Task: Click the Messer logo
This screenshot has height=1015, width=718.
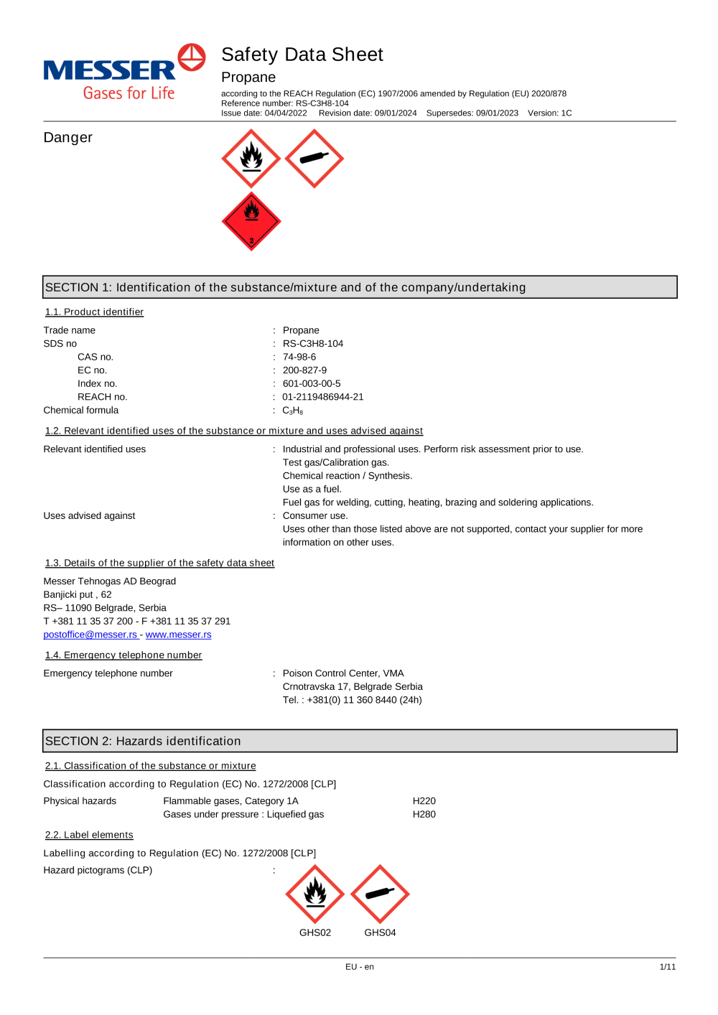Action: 124,72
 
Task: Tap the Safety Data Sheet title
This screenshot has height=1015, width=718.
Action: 302,55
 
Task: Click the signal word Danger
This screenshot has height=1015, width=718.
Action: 68,138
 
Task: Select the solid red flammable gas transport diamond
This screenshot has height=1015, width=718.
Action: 251,221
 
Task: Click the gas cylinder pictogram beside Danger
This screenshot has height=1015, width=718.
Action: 314,159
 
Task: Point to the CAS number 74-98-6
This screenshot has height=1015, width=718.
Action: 299,357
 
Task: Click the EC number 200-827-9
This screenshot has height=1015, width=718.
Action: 304,370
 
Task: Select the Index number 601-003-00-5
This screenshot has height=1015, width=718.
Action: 312,384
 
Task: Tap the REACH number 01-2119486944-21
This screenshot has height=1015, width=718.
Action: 323,397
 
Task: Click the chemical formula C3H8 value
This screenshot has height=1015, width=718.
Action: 292,411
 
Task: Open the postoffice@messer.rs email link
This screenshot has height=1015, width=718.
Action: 90,635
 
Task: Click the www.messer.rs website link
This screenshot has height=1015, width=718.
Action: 178,635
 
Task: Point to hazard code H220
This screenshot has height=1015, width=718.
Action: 424,801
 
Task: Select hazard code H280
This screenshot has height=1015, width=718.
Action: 424,814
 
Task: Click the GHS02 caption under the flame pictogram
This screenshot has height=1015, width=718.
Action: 315,932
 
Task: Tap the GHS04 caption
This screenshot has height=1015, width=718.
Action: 380,932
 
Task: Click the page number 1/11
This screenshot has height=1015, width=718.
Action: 667,967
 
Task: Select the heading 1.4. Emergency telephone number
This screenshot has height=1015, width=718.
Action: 123,655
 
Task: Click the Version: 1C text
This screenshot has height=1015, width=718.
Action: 549,113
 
